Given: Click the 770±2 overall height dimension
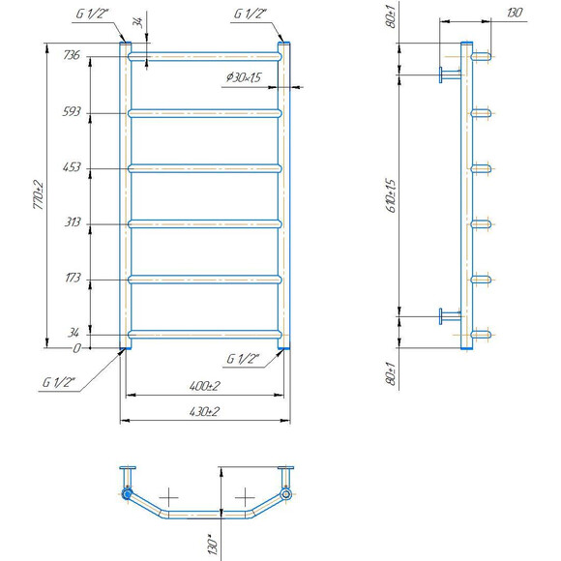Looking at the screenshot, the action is point(39,195).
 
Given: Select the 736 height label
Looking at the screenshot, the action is point(72,55).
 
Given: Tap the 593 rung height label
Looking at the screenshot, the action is point(72,111).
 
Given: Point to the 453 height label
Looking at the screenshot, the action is point(72,167).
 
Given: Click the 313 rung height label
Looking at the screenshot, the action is point(73,222).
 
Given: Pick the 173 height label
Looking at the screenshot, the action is point(73,278).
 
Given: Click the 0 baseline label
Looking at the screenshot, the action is point(77,348).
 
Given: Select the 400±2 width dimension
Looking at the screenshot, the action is point(205,386).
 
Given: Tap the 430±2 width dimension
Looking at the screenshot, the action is point(204,411).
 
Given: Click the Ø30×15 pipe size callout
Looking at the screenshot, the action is point(244,77).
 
